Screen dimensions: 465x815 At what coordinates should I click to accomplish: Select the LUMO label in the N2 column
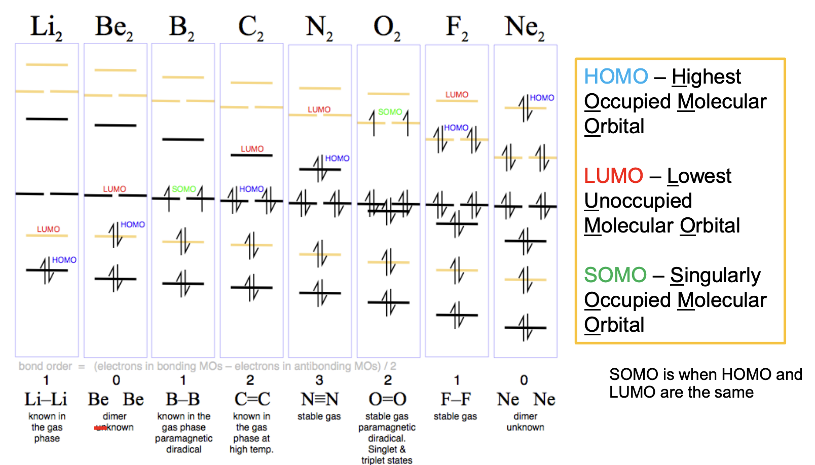pyautogui.click(x=319, y=109)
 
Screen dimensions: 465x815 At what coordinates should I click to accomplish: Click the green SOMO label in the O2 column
pyautogui.click(x=390, y=112)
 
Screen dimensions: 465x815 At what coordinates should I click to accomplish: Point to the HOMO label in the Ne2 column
pyautogui.click(x=542, y=98)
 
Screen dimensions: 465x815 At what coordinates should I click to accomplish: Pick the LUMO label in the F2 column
pyautogui.click(x=457, y=95)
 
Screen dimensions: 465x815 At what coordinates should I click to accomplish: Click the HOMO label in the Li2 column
pyautogui.click(x=64, y=260)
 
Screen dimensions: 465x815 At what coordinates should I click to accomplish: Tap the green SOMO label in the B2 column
pyautogui.click(x=183, y=189)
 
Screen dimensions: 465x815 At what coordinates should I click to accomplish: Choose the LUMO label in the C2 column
pyautogui.click(x=252, y=149)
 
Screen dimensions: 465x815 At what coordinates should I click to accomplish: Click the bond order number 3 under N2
pyautogui.click(x=319, y=380)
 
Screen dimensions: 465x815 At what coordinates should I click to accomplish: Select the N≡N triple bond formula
pyautogui.click(x=319, y=399)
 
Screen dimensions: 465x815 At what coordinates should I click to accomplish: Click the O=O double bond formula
pyautogui.click(x=387, y=399)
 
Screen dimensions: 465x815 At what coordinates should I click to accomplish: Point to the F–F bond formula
pyautogui.click(x=455, y=399)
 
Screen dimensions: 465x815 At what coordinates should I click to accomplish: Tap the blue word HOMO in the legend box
pyautogui.click(x=616, y=76)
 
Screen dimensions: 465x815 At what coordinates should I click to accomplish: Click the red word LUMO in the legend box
pyautogui.click(x=613, y=176)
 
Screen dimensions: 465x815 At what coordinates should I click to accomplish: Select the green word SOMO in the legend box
pyautogui.click(x=615, y=275)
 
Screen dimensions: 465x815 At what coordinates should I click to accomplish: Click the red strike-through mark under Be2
pyautogui.click(x=100, y=428)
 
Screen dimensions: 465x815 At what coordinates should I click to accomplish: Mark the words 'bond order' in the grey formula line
pyautogui.click(x=45, y=366)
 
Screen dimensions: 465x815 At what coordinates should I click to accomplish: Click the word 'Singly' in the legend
pyautogui.click(x=715, y=275)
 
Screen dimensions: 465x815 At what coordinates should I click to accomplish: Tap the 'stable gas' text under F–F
pyautogui.click(x=455, y=416)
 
